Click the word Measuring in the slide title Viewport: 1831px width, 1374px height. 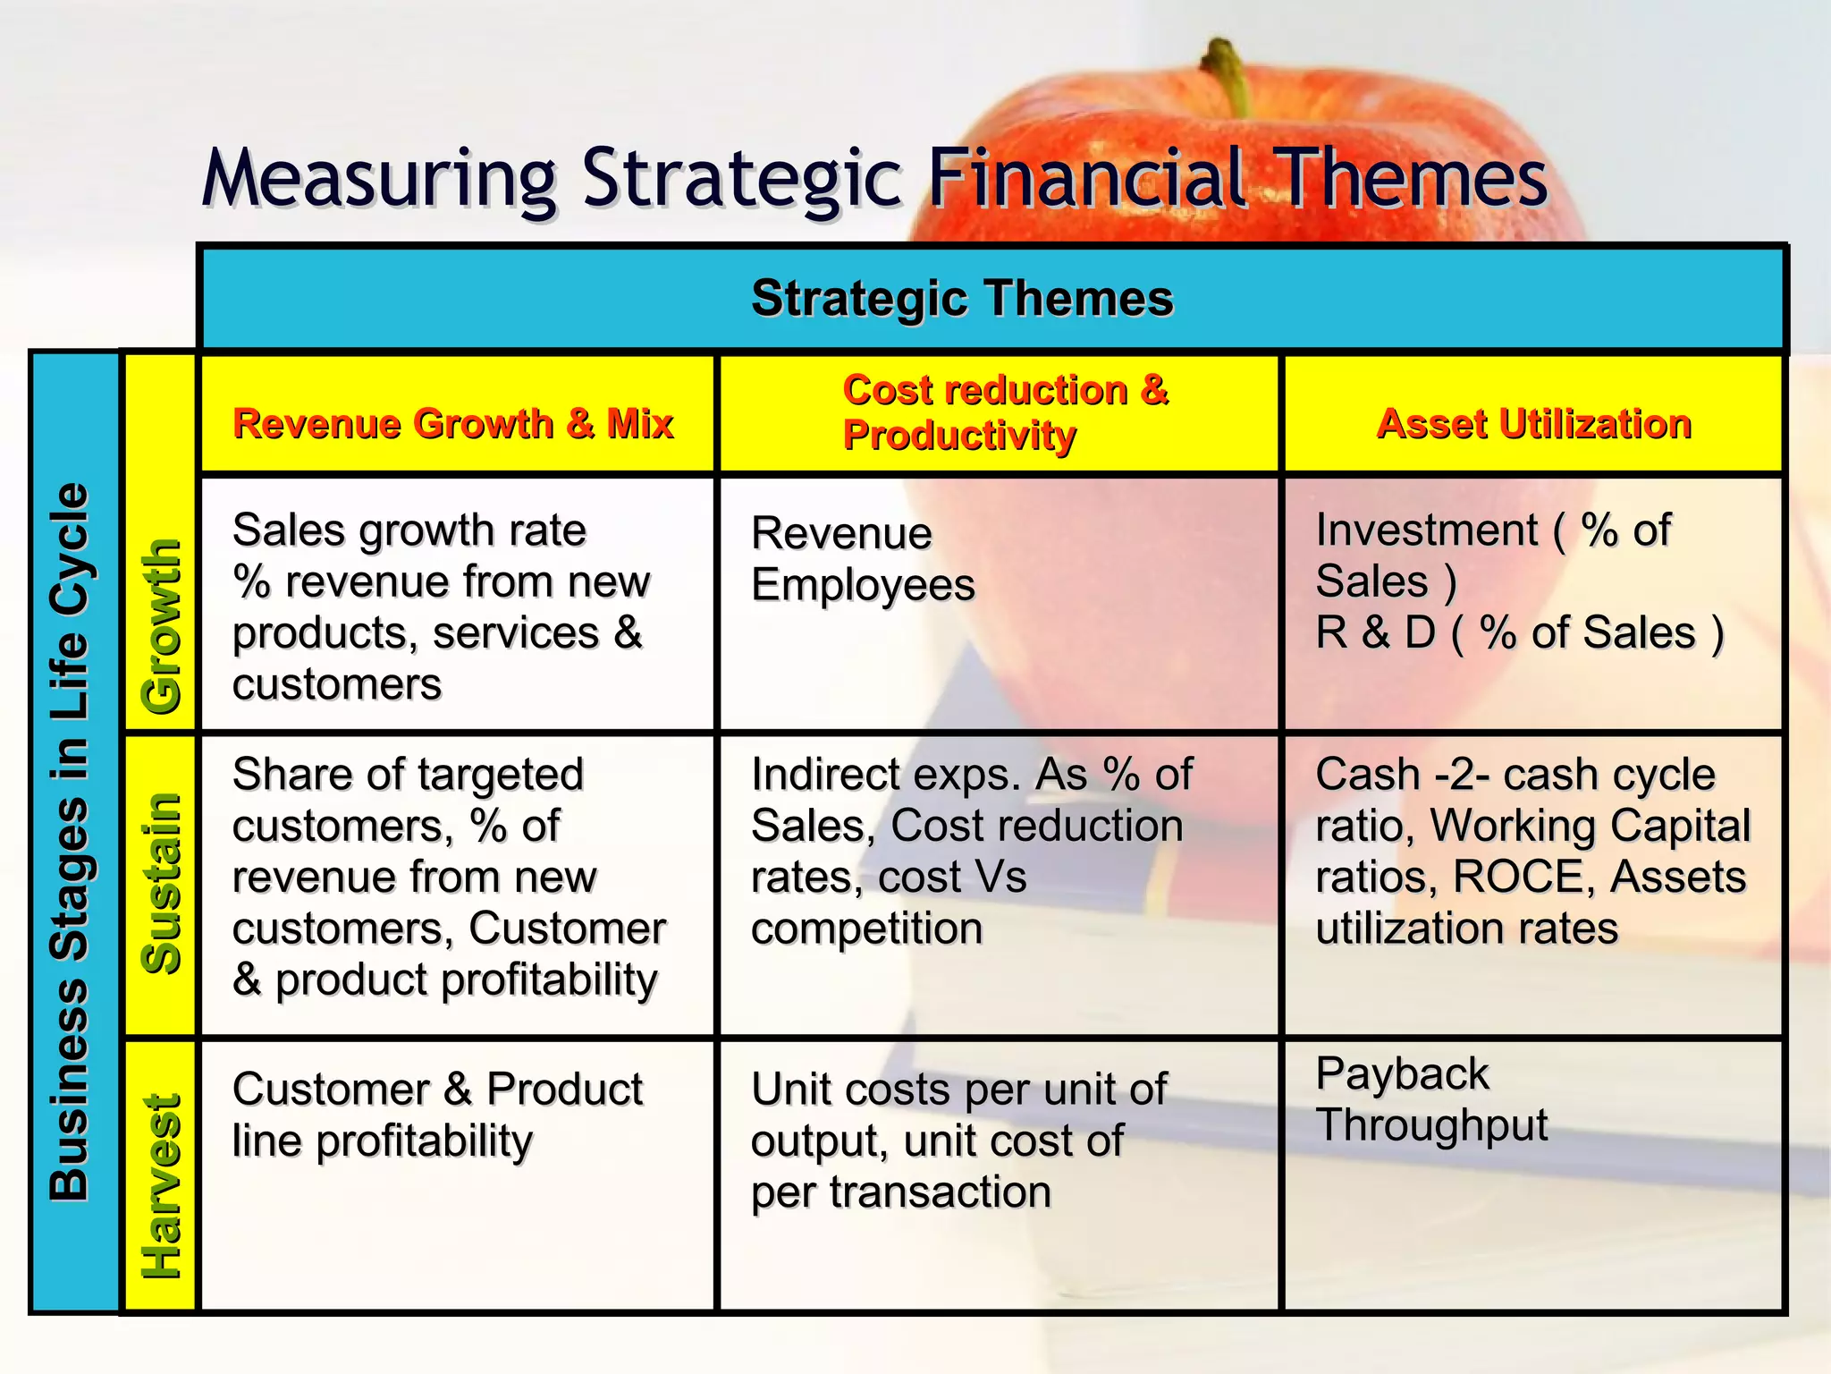pyautogui.click(x=380, y=179)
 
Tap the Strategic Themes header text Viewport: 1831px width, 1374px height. pyautogui.click(x=962, y=298)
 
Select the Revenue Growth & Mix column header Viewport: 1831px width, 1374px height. pyautogui.click(x=452, y=423)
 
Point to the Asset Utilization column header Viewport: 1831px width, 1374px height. pyautogui.click(x=1534, y=423)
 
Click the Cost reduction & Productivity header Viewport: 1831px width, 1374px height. pyautogui.click(x=1005, y=412)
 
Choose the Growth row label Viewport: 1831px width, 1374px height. pyautogui.click(x=162, y=626)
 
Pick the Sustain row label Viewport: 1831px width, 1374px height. pyautogui.click(x=162, y=884)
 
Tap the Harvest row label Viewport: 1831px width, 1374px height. pyautogui.click(x=162, y=1186)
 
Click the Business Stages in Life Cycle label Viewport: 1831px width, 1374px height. pyautogui.click(x=70, y=841)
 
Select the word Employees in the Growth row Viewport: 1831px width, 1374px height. pyautogui.click(x=863, y=586)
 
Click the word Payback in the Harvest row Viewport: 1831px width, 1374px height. pyautogui.click(x=1402, y=1073)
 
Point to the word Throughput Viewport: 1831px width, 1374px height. pyautogui.click(x=1431, y=1125)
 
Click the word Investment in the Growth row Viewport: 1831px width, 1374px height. pyautogui.click(x=1426, y=530)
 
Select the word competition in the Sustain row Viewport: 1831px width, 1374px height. pyautogui.click(x=866, y=929)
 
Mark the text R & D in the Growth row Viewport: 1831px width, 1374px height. pyautogui.click(x=1375, y=633)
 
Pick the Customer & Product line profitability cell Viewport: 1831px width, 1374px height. pyautogui.click(x=437, y=1115)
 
